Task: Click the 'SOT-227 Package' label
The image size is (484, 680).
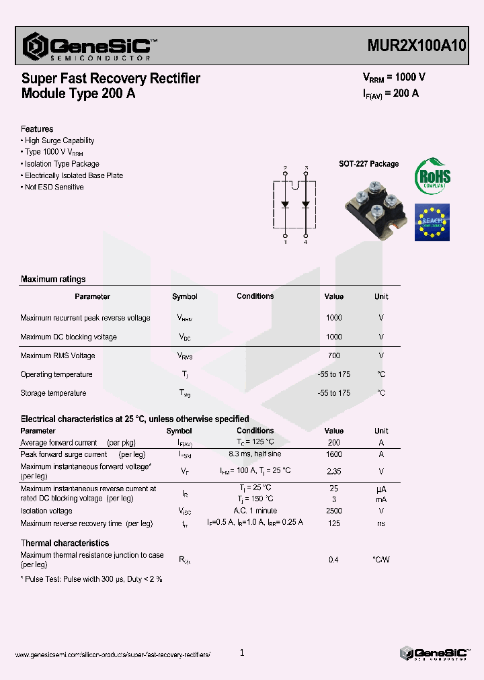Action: (x=368, y=164)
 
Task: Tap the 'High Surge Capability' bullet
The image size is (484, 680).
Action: (x=58, y=141)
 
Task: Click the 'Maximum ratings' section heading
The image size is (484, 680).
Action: (x=53, y=280)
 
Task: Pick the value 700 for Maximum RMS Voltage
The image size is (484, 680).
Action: (x=333, y=355)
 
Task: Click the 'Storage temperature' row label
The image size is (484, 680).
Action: (x=53, y=393)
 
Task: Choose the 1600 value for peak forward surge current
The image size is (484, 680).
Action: (x=333, y=454)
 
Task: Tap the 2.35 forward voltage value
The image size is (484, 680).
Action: (x=333, y=472)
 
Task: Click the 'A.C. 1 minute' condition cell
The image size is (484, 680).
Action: (x=255, y=511)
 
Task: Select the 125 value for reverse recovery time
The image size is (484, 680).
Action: (x=333, y=523)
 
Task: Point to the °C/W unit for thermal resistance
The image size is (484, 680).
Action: (x=380, y=560)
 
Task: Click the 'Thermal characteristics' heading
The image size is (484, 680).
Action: (x=65, y=543)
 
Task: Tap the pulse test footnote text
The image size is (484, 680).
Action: (x=91, y=579)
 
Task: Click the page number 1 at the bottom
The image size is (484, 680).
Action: (x=242, y=652)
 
